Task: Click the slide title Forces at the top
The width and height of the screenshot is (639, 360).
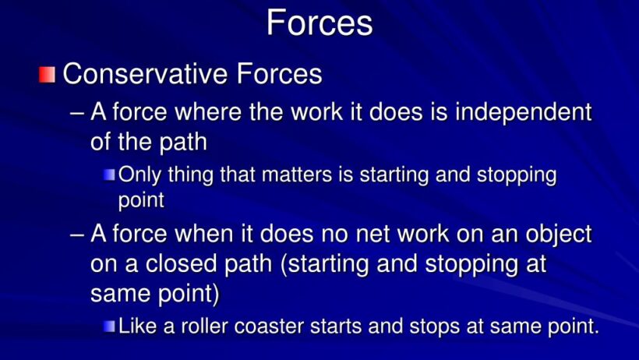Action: pos(319,23)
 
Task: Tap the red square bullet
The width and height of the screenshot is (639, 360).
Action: pos(47,75)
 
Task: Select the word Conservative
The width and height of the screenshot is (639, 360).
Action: pos(145,74)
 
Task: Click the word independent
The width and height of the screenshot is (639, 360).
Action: pos(523,111)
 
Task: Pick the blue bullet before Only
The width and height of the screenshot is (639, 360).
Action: pos(109,175)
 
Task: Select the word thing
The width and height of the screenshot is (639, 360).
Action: pos(191,175)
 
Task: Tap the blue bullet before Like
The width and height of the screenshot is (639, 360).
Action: pos(109,326)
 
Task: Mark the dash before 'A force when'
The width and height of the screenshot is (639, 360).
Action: pos(77,235)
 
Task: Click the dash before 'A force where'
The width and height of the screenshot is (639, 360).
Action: pos(77,114)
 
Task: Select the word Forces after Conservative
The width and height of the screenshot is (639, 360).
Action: pos(280,74)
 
